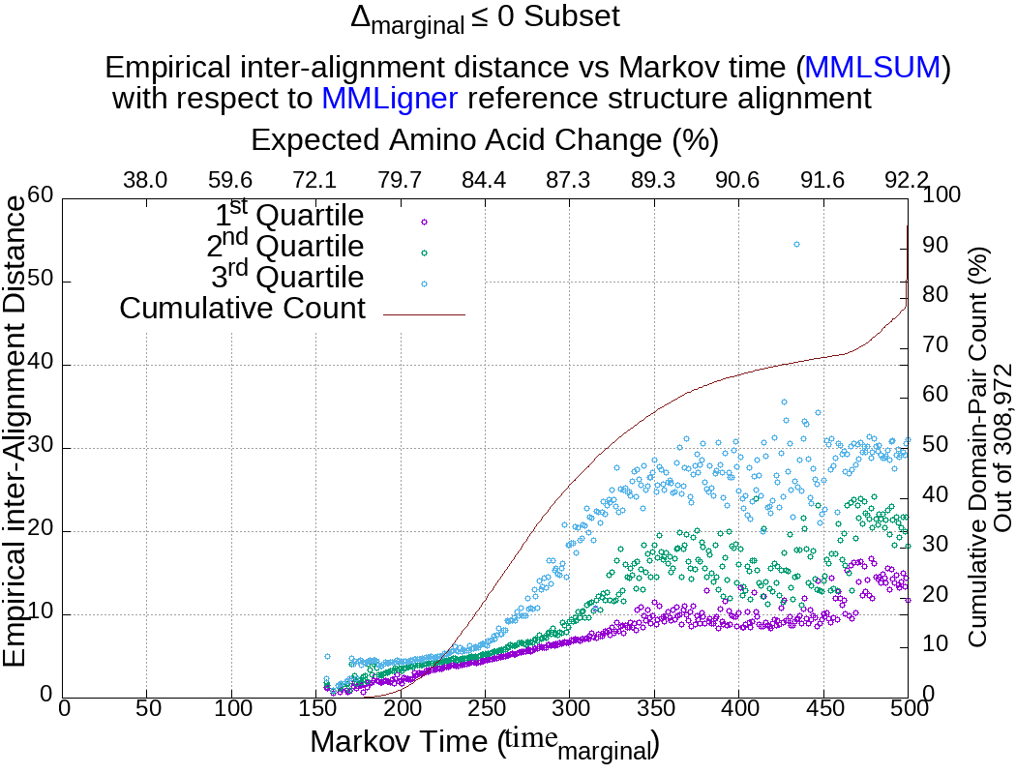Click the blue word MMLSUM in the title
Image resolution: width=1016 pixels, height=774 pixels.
tap(873, 68)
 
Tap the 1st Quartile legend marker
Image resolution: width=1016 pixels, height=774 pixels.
tap(424, 222)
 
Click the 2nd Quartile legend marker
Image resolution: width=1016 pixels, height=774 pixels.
tap(424, 253)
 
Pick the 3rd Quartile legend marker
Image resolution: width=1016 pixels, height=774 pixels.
tap(424, 283)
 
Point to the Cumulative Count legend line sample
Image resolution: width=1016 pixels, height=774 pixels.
tap(424, 314)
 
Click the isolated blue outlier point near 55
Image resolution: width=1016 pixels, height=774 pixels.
tap(796, 245)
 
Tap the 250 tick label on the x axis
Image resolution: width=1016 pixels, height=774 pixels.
tap(486, 708)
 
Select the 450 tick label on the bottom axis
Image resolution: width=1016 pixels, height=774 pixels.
tap(824, 708)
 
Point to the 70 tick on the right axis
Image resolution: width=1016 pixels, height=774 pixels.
tap(935, 344)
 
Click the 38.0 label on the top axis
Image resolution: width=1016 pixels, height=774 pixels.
tap(146, 180)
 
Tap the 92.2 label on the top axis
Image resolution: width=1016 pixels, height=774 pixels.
tap(907, 180)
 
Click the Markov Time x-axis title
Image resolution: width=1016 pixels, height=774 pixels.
tap(484, 743)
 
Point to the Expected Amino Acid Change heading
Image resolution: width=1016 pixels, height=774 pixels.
tap(484, 140)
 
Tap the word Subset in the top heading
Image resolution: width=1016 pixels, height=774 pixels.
tap(570, 16)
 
